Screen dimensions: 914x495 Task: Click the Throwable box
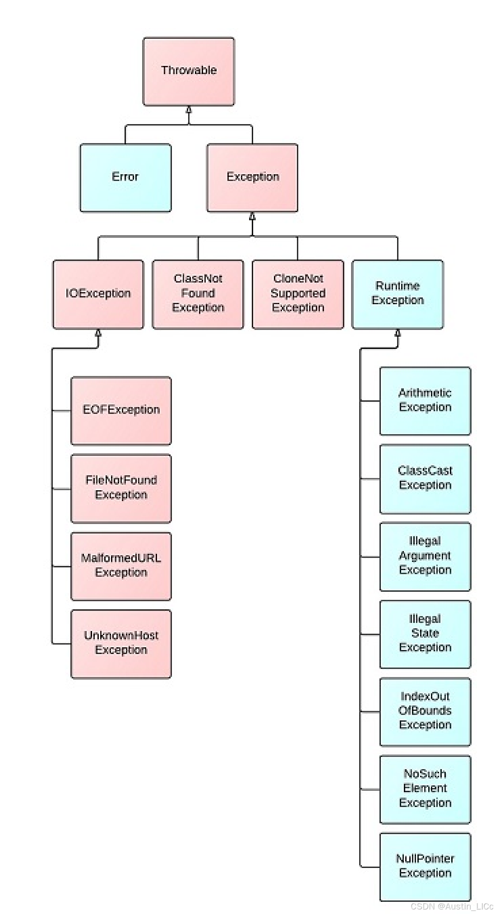pyautogui.click(x=189, y=71)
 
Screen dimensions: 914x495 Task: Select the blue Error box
pyautogui.click(x=125, y=177)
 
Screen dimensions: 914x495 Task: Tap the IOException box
pyautogui.click(x=98, y=294)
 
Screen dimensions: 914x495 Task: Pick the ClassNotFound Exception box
pyautogui.click(x=198, y=294)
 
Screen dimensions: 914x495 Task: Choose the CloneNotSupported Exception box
pyautogui.click(x=298, y=294)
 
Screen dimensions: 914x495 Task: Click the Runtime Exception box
pyautogui.click(x=398, y=294)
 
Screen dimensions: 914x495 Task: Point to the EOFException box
pyautogui.click(x=121, y=410)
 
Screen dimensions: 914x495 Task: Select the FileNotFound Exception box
pyautogui.click(x=121, y=488)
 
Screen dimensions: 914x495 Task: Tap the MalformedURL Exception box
pyautogui.click(x=121, y=566)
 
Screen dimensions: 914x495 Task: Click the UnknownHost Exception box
pyautogui.click(x=121, y=644)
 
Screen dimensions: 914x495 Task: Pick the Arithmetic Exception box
pyautogui.click(x=425, y=401)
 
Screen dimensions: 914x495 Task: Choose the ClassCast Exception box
pyautogui.click(x=425, y=479)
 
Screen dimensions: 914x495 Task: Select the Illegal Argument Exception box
pyautogui.click(x=425, y=557)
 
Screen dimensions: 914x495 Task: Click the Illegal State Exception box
pyautogui.click(x=425, y=634)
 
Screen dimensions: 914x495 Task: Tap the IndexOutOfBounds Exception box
pyautogui.click(x=425, y=712)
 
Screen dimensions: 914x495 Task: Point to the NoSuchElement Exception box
pyautogui.click(x=425, y=789)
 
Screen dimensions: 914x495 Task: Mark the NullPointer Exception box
pyautogui.click(x=425, y=867)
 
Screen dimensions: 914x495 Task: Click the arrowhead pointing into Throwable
pyautogui.click(x=189, y=110)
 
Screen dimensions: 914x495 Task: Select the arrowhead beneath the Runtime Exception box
pyautogui.click(x=398, y=333)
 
